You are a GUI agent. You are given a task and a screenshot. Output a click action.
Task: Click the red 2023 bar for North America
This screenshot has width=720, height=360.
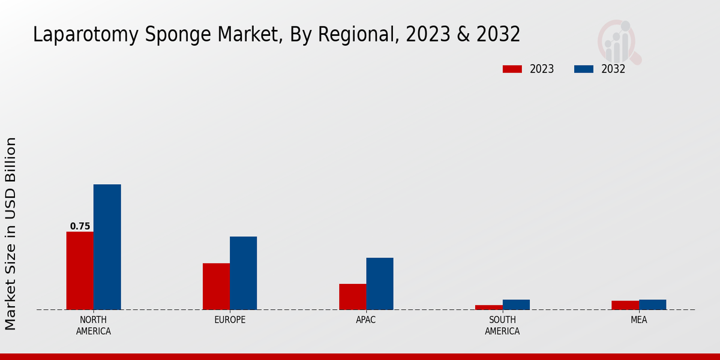click(x=80, y=271)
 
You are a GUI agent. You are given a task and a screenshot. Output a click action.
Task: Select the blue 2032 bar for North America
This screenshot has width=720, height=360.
click(x=107, y=247)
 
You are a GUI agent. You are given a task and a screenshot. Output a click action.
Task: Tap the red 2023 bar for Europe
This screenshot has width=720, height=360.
click(x=216, y=286)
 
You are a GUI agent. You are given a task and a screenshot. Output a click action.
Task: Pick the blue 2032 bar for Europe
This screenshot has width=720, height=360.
click(x=243, y=273)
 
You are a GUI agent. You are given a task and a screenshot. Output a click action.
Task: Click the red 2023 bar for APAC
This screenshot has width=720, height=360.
click(x=352, y=296)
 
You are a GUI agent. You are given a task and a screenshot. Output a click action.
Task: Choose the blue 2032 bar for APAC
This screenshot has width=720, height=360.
click(x=380, y=284)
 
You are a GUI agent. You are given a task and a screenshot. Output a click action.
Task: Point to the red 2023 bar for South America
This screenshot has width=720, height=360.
click(x=488, y=307)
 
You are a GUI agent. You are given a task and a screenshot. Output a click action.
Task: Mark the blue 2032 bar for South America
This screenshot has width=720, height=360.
click(x=516, y=305)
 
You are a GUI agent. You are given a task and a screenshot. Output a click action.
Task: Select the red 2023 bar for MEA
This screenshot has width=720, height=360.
click(x=625, y=305)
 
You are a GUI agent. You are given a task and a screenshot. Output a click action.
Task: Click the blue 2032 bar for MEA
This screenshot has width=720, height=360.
click(x=652, y=305)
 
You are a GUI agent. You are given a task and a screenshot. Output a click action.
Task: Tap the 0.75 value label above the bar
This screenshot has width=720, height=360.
click(x=80, y=226)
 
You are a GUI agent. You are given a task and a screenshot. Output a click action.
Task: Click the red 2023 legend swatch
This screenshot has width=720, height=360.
click(x=512, y=69)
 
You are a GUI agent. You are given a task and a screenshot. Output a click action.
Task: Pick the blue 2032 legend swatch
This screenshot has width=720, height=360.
click(x=584, y=69)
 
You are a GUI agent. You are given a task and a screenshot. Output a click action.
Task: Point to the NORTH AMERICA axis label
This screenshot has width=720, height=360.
click(x=94, y=325)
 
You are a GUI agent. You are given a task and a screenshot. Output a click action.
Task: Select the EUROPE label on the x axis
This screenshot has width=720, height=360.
click(x=230, y=320)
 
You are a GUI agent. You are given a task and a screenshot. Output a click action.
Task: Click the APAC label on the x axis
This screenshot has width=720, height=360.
click(x=366, y=320)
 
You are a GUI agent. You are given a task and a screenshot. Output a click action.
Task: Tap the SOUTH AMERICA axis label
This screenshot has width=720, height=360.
click(x=502, y=325)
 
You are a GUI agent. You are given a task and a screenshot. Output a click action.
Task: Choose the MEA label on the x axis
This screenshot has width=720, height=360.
click(x=638, y=320)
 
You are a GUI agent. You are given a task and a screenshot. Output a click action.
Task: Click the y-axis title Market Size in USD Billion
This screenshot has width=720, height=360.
click(x=11, y=234)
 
